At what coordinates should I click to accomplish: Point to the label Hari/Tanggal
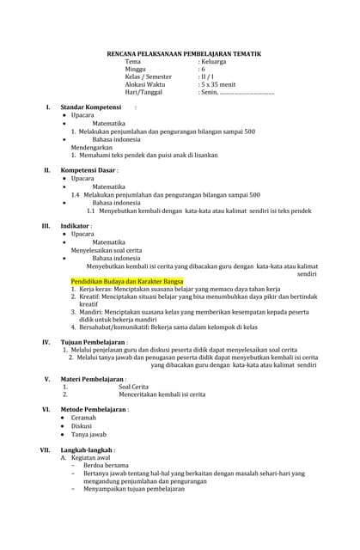145,92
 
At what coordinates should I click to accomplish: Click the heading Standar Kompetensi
95,107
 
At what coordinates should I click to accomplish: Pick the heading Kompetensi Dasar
88,170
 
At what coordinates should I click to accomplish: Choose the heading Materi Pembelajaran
93,379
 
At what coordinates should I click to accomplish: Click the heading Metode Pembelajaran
94,410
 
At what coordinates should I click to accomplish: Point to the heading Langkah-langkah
87,449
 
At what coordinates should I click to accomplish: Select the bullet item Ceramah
83,418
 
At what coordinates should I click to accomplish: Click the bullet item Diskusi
81,426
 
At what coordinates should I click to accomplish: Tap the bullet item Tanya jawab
88,435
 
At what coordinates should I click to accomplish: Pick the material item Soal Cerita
133,387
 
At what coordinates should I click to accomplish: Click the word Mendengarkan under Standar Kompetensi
94,147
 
